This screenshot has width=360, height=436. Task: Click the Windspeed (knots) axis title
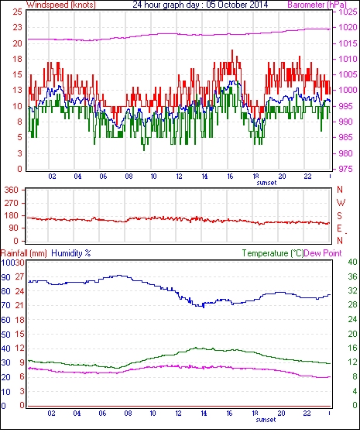click(x=61, y=5)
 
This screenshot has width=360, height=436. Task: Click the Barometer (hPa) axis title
click(x=317, y=5)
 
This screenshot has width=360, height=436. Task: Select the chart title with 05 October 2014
click(x=201, y=5)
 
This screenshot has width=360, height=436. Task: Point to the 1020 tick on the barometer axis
click(x=348, y=27)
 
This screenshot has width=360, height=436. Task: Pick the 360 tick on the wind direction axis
click(x=12, y=191)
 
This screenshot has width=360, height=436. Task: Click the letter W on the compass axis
click(x=341, y=203)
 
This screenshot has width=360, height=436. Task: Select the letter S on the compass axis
click(x=339, y=215)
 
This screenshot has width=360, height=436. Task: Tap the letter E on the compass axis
click(x=339, y=228)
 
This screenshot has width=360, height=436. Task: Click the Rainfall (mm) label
click(x=24, y=253)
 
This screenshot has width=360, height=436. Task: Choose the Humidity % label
click(x=71, y=253)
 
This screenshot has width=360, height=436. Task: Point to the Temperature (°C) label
click(x=273, y=253)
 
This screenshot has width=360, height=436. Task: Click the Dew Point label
click(x=323, y=253)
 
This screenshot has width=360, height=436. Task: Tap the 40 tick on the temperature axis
click(x=352, y=262)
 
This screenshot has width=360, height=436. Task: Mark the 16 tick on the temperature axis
click(x=352, y=348)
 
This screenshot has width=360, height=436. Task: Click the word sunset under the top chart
click(x=266, y=183)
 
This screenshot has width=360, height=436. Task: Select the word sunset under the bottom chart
click(x=266, y=420)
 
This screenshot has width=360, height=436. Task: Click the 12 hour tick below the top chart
click(x=179, y=177)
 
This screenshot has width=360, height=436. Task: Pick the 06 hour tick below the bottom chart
click(x=102, y=414)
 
